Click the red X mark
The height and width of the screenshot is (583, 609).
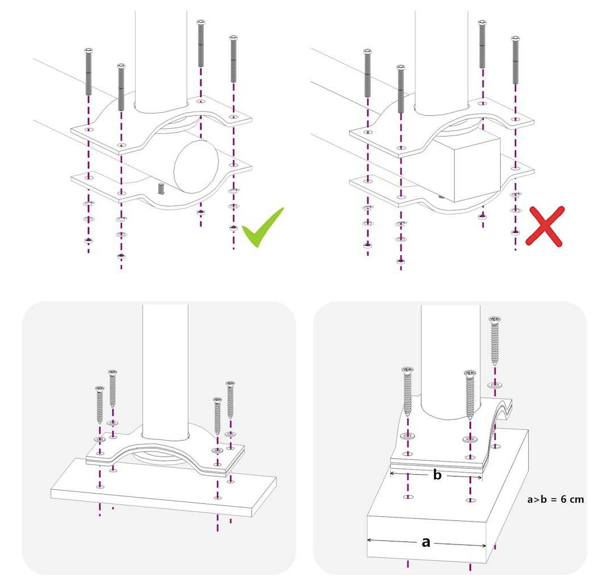click(545, 226)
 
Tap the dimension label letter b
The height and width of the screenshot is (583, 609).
click(438, 475)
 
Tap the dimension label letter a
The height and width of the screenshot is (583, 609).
click(426, 542)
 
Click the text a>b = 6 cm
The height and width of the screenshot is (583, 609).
click(555, 499)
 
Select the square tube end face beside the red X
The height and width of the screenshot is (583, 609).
click(477, 167)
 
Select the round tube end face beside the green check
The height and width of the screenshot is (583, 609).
click(196, 166)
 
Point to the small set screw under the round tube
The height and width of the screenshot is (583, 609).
click(161, 189)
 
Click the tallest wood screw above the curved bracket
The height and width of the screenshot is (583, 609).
click(495, 341)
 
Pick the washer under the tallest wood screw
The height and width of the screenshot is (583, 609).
click(495, 385)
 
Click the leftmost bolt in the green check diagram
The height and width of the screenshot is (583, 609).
click(88, 72)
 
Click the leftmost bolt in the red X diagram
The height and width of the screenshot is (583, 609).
click(367, 73)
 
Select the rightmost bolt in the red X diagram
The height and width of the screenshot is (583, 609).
click(516, 60)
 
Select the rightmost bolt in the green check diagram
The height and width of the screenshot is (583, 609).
click(234, 59)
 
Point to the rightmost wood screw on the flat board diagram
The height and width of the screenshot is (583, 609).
click(230, 400)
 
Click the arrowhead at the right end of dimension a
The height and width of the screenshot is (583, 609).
click(484, 546)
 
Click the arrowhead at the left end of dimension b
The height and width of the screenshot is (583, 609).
click(393, 473)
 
